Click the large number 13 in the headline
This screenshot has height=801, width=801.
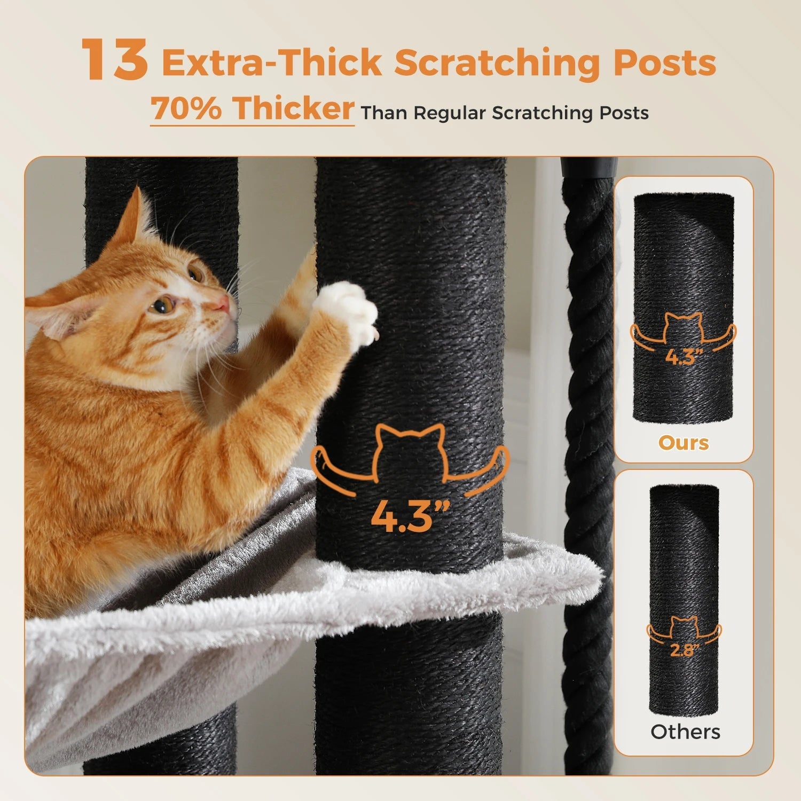coord(114,60)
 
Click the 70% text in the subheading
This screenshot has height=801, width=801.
coord(186,108)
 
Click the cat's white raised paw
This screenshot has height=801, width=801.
coord(347,312)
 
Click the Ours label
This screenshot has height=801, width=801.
coord(684,443)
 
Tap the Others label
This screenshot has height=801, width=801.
coord(685,732)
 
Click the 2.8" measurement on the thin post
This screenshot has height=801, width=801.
coord(684,650)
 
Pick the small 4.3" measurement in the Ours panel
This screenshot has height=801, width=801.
coord(683,356)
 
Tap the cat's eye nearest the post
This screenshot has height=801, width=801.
coord(196,273)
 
